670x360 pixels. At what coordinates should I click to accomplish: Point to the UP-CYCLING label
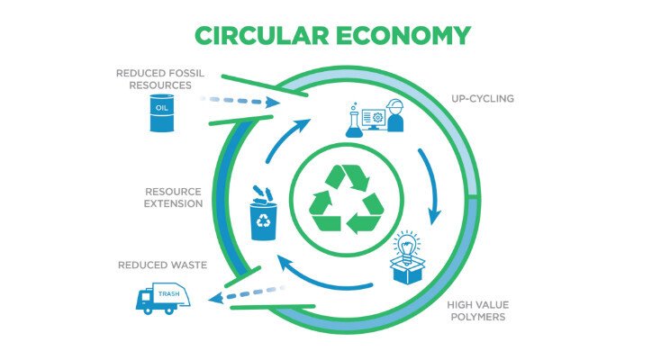[x=482, y=98]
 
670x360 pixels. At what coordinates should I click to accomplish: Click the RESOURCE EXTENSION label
[x=173, y=197]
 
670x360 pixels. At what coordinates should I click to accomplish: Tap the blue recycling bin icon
[x=264, y=215]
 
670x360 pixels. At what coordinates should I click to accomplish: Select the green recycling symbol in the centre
[x=334, y=199]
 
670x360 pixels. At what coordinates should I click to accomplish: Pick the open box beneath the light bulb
[x=408, y=269]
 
